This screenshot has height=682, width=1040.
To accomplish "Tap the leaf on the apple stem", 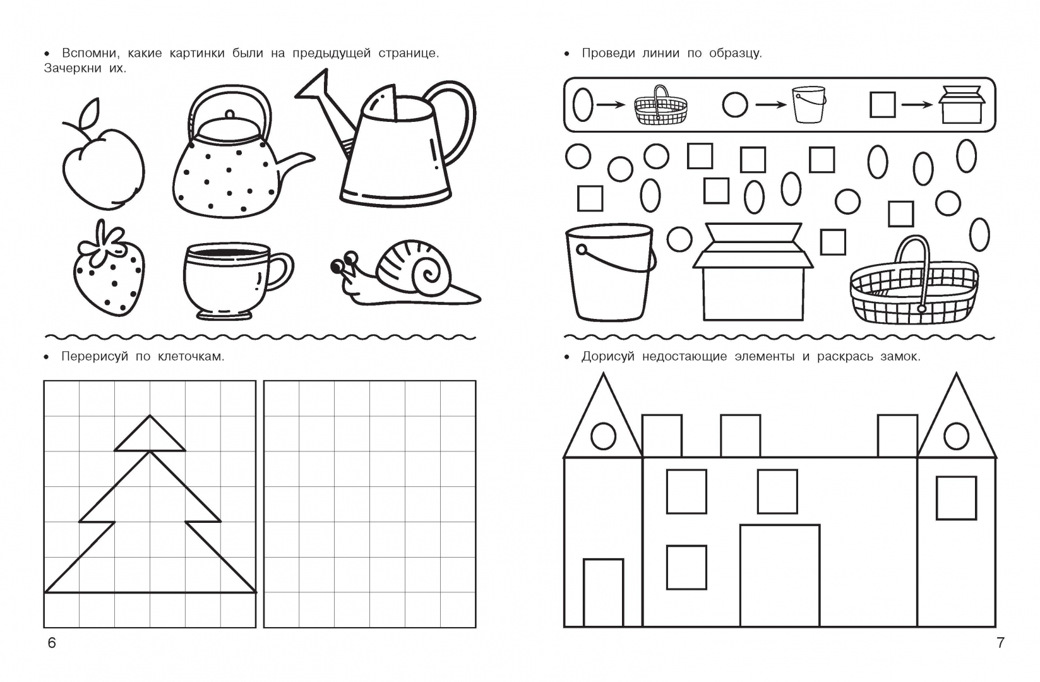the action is click(89, 112).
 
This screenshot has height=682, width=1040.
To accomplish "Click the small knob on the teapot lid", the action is click(229, 115).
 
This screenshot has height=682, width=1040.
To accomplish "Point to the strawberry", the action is click(109, 269).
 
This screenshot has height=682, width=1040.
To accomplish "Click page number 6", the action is click(52, 643).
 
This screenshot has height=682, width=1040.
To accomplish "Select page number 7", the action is click(1000, 643).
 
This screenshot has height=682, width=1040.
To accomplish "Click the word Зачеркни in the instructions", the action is click(73, 69).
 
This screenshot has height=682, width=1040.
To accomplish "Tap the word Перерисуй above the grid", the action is click(94, 357).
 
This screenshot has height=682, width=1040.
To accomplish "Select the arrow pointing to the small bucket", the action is click(771, 105).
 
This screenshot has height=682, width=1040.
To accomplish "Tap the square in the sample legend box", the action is click(882, 104).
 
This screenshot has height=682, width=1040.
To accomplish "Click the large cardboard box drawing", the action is click(753, 272).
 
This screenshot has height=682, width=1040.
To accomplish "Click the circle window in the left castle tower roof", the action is click(603, 436).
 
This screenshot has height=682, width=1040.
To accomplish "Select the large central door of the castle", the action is click(780, 576).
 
